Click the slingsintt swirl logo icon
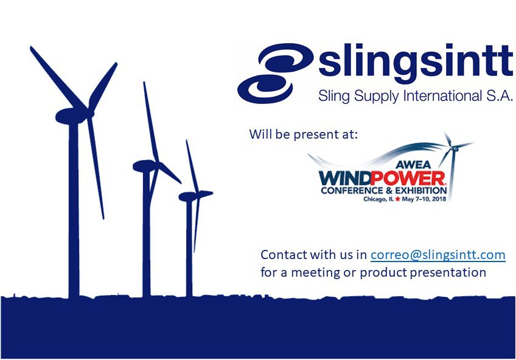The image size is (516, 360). tap(275, 73)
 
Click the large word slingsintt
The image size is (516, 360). tap(416, 63)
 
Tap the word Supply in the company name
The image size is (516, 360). tap(377, 97)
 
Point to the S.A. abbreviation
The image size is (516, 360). tap(500, 95)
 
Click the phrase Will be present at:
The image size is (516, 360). tap(303, 134)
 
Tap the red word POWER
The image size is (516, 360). tap(408, 179)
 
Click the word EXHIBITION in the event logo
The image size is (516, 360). tap(421, 190)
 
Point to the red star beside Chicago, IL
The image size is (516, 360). tap(397, 199)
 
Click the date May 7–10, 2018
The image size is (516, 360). tap(424, 199)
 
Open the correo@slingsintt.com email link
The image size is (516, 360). tap(438, 255)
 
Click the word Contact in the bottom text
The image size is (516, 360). tap(284, 254)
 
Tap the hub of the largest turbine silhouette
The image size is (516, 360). tap(89, 112)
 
